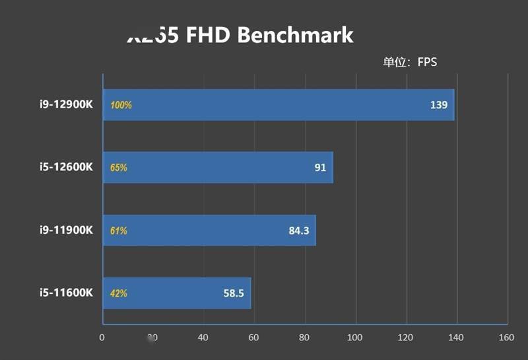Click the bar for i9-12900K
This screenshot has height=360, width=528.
pos(277,105)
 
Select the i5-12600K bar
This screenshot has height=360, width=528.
pos(218,168)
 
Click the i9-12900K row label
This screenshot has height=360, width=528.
pos(65,105)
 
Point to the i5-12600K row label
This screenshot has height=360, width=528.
pos(65,168)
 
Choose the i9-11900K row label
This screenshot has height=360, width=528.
pos(65,231)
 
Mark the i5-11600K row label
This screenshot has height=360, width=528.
pos(65,293)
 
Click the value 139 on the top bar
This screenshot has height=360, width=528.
pos(438,105)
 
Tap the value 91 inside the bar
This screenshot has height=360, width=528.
pos(320,168)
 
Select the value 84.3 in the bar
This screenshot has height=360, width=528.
pos(299,231)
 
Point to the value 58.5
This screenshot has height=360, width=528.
pos(234,293)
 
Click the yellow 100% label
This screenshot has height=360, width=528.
pos(121,105)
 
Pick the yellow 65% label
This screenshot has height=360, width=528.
pos(119,168)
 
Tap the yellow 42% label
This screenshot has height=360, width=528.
pos(119,293)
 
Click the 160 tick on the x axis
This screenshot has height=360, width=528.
pos(507,338)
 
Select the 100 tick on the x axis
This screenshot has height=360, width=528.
pos(356,338)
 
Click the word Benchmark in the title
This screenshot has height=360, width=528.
pos(295,35)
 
